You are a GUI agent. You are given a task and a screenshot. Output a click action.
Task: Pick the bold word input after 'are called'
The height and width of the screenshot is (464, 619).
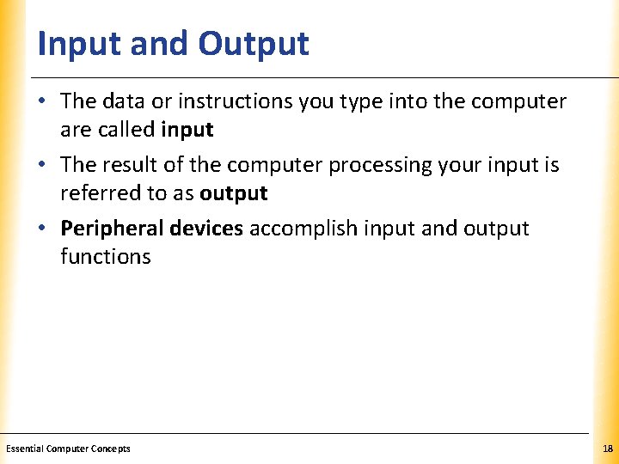(187, 130)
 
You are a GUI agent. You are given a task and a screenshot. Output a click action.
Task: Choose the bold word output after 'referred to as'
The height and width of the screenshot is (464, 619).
(233, 194)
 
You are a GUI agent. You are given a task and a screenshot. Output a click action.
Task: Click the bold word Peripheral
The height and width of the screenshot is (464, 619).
(112, 229)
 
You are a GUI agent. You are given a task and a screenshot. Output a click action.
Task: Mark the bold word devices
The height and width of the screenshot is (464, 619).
(206, 229)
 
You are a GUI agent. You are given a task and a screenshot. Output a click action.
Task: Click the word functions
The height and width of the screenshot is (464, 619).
(105, 257)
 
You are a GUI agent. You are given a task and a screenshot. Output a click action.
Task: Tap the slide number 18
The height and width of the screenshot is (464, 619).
(608, 449)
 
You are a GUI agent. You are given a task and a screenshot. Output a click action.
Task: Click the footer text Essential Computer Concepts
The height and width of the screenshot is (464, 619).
(68, 449)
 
